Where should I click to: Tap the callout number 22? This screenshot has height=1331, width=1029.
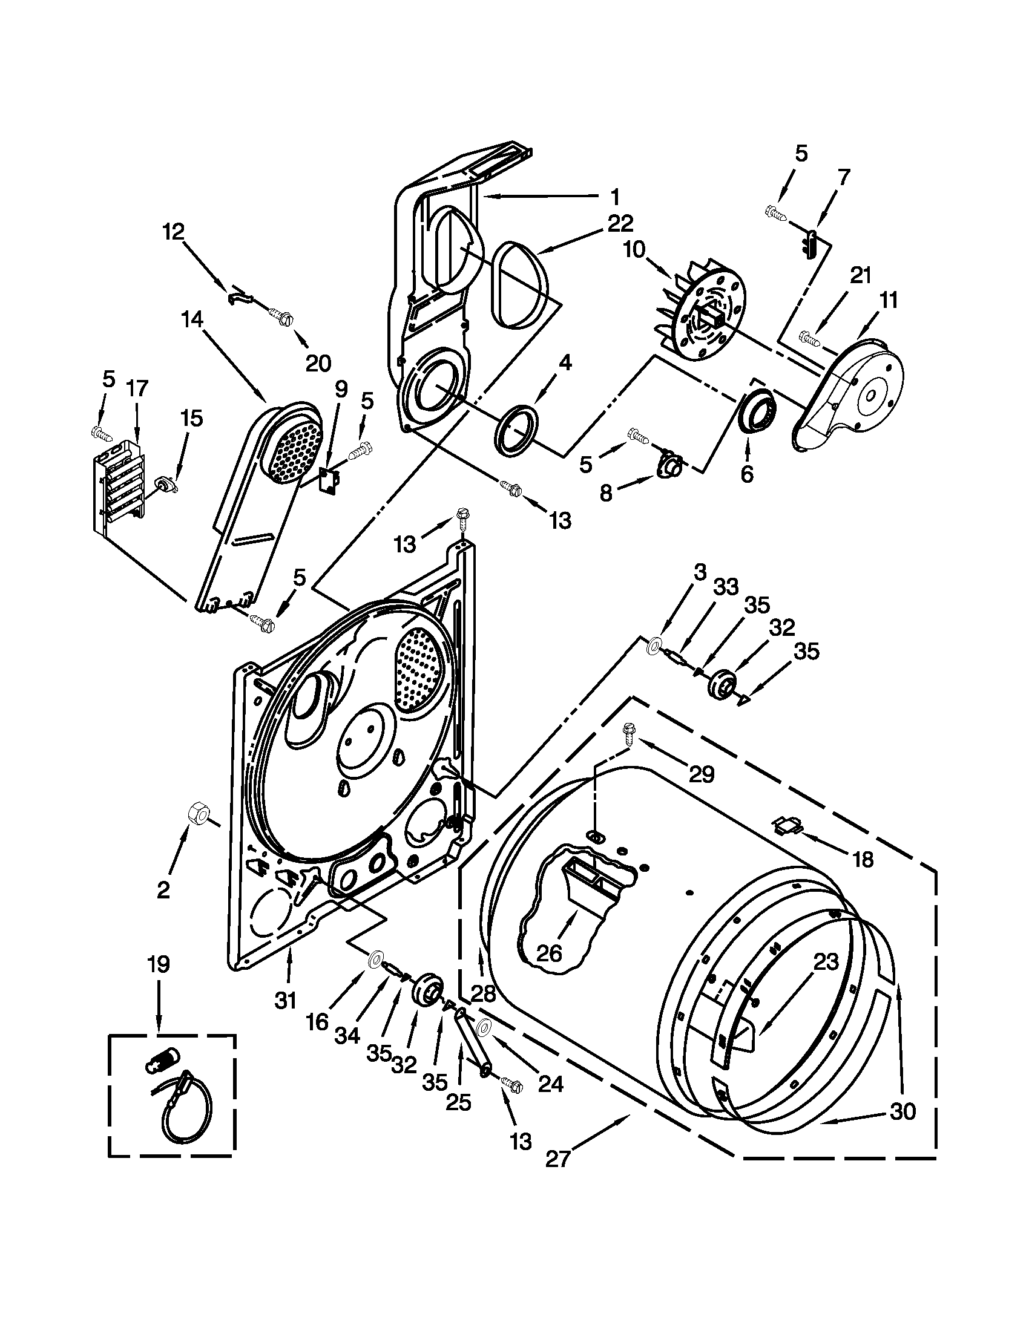click(620, 224)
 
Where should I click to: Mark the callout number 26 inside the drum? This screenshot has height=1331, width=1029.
click(548, 953)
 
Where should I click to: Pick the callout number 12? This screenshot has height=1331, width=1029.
click(174, 232)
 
